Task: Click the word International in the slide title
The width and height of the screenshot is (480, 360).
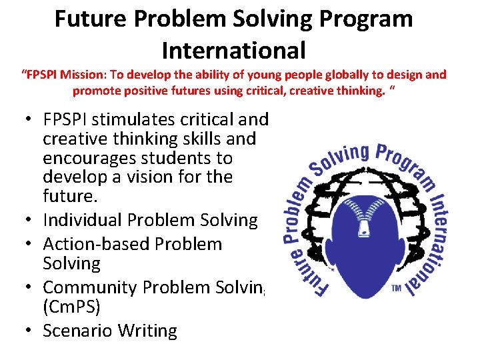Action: (x=233, y=49)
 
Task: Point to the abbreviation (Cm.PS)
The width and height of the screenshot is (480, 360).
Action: (x=75, y=307)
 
